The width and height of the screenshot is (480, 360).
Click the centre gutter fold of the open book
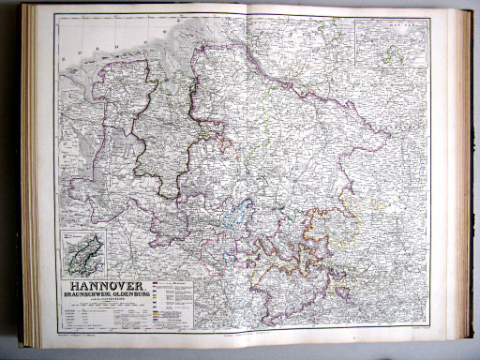tap(246, 178)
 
